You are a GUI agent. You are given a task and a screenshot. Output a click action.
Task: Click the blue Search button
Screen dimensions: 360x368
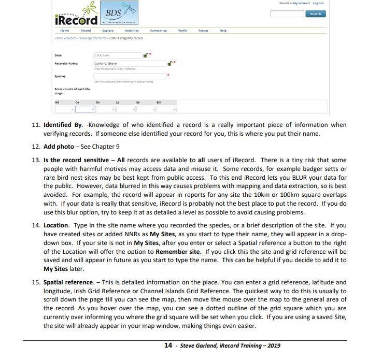315,14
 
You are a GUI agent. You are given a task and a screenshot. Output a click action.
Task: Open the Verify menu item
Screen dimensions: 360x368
182,31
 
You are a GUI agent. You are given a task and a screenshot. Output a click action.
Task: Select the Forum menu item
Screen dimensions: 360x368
203,31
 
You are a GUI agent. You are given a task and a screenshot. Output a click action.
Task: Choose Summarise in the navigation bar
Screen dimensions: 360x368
158,31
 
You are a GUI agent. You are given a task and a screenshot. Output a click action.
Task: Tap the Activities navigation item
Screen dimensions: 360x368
132,31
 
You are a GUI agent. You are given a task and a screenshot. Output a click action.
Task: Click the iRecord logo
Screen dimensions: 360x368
76,20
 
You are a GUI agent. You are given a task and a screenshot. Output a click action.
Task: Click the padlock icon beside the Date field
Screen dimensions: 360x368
146,54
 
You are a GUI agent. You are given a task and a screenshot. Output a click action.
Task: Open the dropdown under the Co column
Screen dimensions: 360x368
86,109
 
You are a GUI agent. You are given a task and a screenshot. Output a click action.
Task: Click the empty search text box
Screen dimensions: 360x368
287,14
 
